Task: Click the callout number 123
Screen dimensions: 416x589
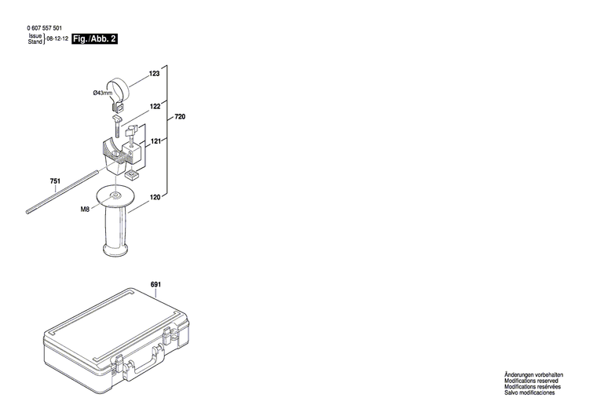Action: coord(154,73)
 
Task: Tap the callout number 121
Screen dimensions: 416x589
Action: coord(155,141)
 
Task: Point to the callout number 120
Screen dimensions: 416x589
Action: coord(155,198)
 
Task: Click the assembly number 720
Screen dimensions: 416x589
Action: coord(180,116)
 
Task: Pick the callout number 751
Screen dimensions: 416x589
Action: coord(55,182)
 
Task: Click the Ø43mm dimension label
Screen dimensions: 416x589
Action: coord(102,93)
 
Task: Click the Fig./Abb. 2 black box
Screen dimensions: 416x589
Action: coord(94,38)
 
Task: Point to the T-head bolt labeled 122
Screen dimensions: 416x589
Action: coord(120,126)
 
